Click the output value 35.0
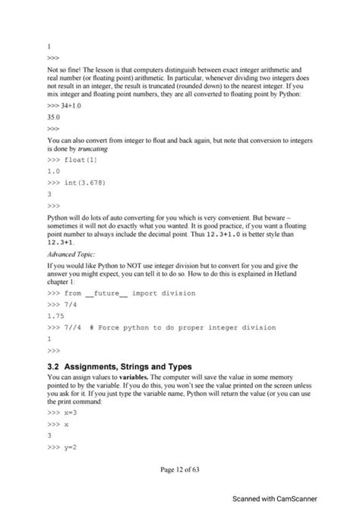pyautogui.click(x=53, y=119)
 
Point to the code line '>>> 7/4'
pyautogui.click(x=62, y=305)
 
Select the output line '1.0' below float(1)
pyautogui.click(x=52, y=171)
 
